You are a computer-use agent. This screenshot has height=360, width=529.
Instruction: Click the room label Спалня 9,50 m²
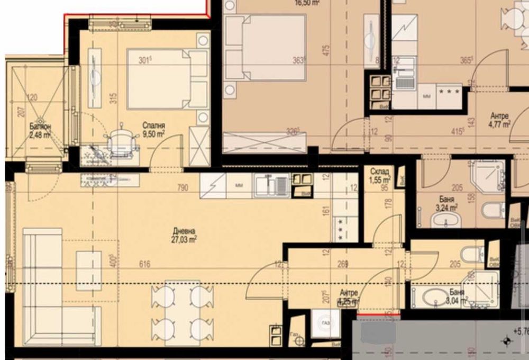coord(153,130)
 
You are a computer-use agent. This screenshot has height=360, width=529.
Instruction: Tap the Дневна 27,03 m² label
coord(185,235)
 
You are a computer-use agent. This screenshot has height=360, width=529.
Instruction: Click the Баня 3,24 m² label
coord(445,204)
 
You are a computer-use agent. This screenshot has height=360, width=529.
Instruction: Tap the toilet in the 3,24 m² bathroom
coord(493,210)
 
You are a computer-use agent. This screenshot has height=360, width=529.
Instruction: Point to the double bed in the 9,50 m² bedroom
coord(167,79)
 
